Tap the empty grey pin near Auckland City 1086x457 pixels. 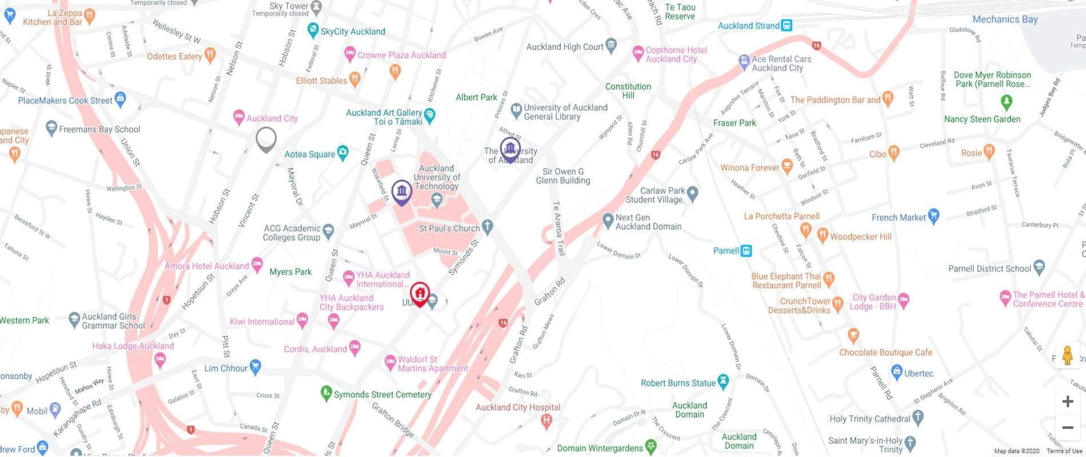(x=266, y=138)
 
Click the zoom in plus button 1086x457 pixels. (x=1067, y=402)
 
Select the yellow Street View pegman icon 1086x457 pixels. (x=1067, y=356)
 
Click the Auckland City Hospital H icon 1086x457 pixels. (x=546, y=422)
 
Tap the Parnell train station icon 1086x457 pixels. (x=746, y=251)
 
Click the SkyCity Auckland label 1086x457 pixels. (x=353, y=31)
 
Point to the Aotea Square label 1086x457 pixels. (x=310, y=154)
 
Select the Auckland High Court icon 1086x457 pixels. (x=611, y=45)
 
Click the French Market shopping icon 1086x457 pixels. (x=933, y=216)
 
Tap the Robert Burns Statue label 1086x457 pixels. (x=678, y=383)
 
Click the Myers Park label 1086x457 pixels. (x=290, y=272)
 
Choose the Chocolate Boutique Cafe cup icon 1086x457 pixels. (x=853, y=335)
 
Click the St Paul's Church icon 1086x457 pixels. (x=487, y=227)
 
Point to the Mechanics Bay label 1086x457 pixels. (x=1004, y=19)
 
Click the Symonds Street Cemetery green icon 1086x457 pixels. (x=326, y=393)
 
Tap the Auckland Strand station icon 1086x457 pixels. (x=787, y=25)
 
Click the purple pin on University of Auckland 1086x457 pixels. (x=510, y=149)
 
